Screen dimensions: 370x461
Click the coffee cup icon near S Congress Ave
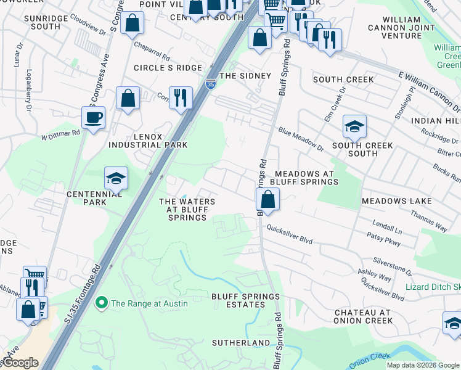tap(93, 117)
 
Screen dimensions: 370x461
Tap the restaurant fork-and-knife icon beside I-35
tap(181, 97)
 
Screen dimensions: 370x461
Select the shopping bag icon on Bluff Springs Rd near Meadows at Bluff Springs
tap(267, 199)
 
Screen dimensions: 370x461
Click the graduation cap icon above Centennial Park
tap(116, 178)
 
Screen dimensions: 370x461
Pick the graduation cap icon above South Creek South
tap(354, 126)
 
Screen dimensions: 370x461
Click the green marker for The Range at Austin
tap(101, 303)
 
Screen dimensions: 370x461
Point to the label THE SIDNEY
tap(245, 76)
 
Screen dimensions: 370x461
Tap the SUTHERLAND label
tap(241, 342)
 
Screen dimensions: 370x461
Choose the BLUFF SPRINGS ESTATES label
tap(245, 300)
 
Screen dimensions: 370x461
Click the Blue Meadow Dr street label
tap(301, 139)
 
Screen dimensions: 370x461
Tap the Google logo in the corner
tap(20, 363)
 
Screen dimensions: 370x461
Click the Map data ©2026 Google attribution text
tap(423, 365)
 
